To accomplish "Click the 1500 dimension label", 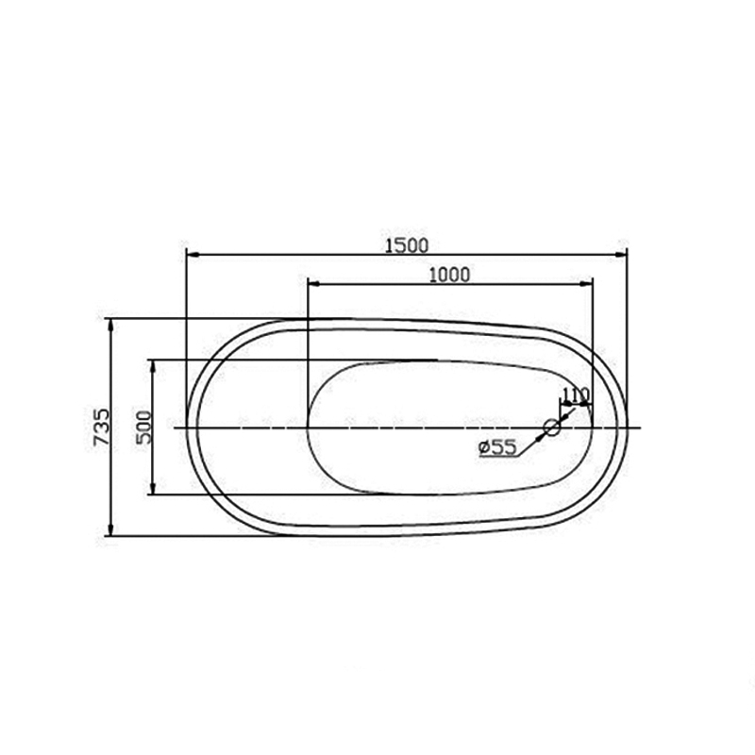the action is click(407, 246).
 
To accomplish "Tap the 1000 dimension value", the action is click(449, 275).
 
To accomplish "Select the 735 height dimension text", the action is click(102, 428).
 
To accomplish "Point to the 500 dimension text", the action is click(143, 428).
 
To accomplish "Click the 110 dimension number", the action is click(576, 394).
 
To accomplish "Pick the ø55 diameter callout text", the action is click(498, 447).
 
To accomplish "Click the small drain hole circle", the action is click(552, 428).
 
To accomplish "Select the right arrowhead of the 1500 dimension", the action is click(620, 254).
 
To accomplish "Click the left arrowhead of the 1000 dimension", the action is click(314, 284).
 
